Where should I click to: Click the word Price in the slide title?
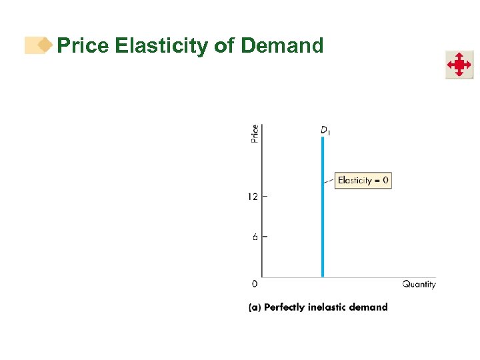click(83, 45)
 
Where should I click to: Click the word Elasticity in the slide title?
click(161, 45)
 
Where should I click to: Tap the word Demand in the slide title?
click(282, 45)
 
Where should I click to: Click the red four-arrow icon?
click(459, 65)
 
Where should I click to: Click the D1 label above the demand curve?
click(325, 130)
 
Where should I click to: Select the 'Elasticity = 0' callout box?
click(363, 180)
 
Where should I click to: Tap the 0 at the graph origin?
click(255, 285)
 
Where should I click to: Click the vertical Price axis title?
click(255, 133)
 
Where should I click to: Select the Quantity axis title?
click(419, 285)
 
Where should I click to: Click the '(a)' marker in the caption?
click(255, 307)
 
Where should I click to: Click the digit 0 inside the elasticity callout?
click(385, 180)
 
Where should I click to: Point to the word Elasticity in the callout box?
click(355, 180)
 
